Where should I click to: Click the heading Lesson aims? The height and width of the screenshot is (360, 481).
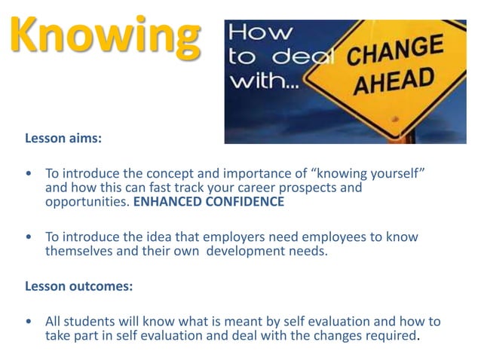click(63, 139)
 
